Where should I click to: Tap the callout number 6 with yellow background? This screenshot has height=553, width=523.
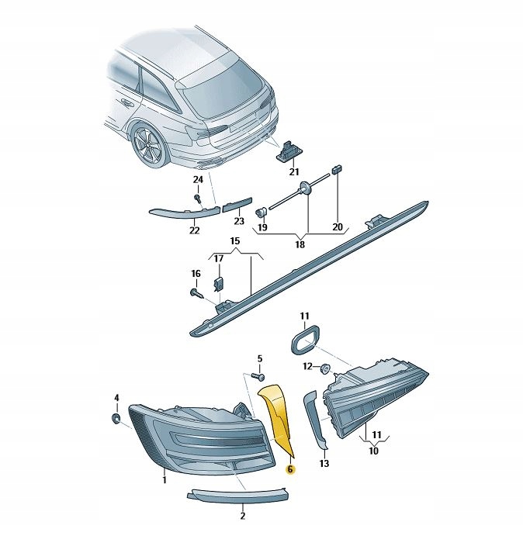289,469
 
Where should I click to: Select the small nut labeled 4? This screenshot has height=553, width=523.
116,419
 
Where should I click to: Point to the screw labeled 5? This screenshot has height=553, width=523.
255,375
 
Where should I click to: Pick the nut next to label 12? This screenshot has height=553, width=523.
325,367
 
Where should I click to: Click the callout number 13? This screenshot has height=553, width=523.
324,464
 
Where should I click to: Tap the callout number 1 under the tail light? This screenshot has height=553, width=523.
165,481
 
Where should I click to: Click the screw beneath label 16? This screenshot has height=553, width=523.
196,292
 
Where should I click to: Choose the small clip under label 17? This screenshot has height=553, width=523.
220,285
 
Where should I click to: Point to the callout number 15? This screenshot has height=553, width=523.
234,242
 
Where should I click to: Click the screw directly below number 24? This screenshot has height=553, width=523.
199,199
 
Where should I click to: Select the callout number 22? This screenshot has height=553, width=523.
194,230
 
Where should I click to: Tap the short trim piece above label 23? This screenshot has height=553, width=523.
237,206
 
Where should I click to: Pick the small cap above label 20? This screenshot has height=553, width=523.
337,168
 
